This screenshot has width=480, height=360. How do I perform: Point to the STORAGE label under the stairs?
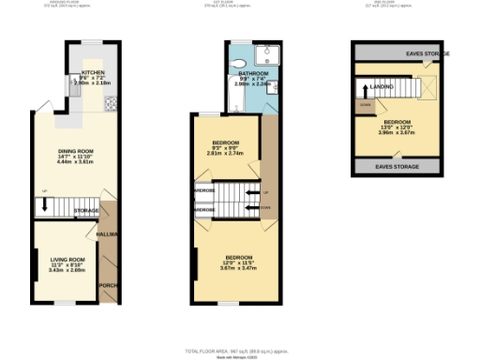pyautogui.click(x=87, y=210)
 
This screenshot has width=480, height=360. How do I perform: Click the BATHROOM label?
pyautogui.click(x=253, y=72)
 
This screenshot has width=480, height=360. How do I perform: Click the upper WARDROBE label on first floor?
pyautogui.click(x=205, y=188)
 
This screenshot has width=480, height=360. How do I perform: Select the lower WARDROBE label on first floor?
pyautogui.click(x=205, y=208)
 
